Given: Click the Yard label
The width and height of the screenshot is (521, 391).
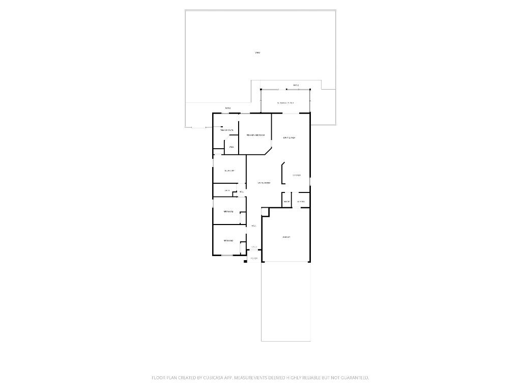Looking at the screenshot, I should point(257,52).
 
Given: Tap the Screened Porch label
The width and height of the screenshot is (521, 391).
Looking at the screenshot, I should point(285,103).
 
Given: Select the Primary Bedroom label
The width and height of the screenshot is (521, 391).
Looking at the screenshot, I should point(255,135).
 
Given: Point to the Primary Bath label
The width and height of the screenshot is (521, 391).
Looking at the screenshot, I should point(226,131).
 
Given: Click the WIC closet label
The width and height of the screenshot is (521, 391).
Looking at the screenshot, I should point(231,148).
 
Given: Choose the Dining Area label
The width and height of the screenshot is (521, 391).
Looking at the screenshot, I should point(289,137).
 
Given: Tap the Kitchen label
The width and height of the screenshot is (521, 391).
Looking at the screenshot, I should point(297,175).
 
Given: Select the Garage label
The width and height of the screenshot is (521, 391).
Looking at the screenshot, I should point(286,237).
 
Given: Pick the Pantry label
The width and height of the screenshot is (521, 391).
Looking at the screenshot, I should point(286,202).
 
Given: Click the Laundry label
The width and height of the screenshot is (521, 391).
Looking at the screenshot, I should point(301,202).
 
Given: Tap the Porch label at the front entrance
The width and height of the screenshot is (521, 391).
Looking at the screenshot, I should point(254,259).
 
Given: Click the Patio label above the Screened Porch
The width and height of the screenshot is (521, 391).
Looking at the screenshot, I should point(296,85).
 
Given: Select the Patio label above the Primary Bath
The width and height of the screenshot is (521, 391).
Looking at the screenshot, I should point(228,108).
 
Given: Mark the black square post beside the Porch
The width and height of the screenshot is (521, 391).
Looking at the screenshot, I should point(246,260).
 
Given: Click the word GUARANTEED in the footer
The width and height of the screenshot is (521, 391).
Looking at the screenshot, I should point(352,378).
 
